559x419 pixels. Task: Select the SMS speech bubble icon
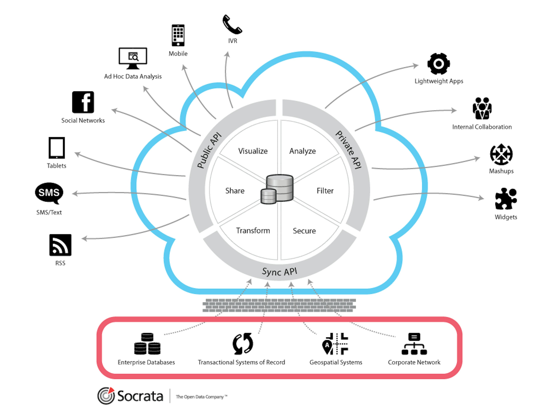pyautogui.click(x=49, y=193)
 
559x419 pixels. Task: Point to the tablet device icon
pyautogui.click(x=57, y=148)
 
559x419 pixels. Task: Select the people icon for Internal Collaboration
pyautogui.click(x=482, y=108)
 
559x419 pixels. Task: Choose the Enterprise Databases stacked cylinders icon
pyautogui.click(x=147, y=344)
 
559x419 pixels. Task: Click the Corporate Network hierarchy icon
pyautogui.click(x=414, y=344)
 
